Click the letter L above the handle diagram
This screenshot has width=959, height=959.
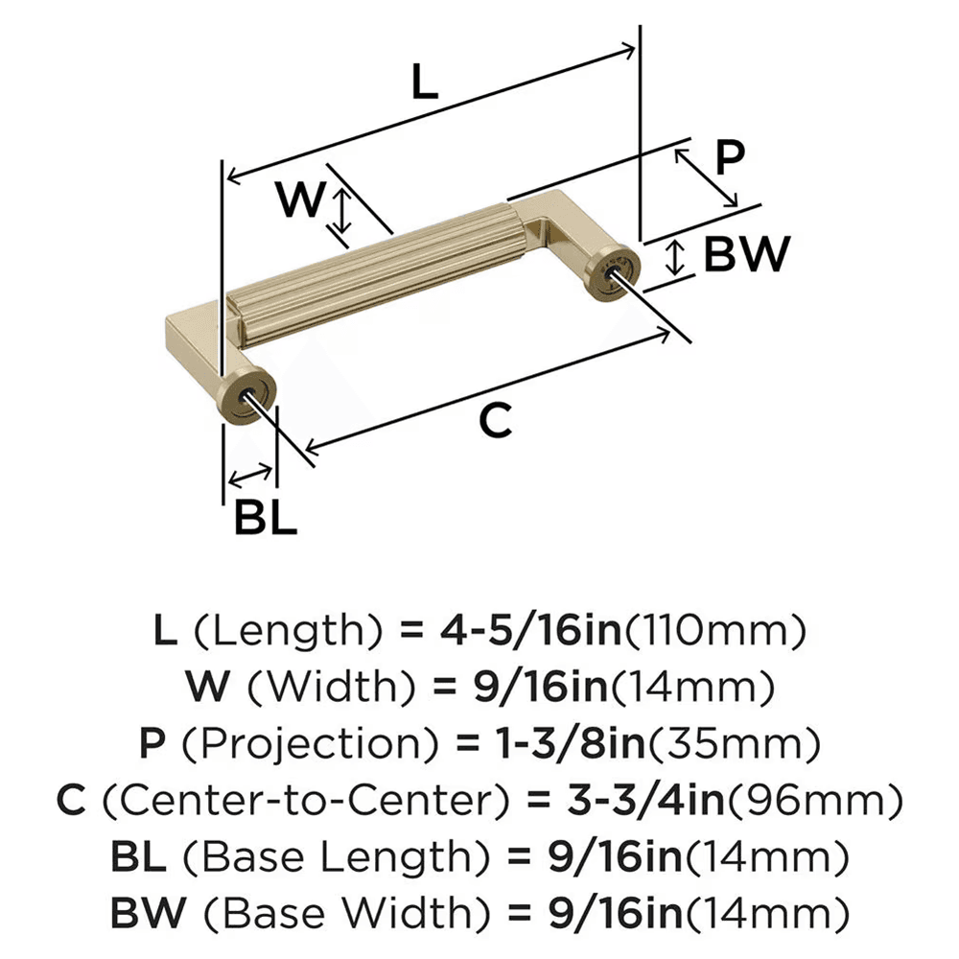point(424,83)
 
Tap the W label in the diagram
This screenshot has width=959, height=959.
point(300,200)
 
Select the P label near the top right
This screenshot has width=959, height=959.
point(730,158)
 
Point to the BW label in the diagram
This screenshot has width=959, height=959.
point(746,255)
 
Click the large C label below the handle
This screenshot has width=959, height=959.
point(495,420)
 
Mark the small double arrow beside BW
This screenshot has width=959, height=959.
point(676,258)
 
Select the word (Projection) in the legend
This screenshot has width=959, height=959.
point(274,742)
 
